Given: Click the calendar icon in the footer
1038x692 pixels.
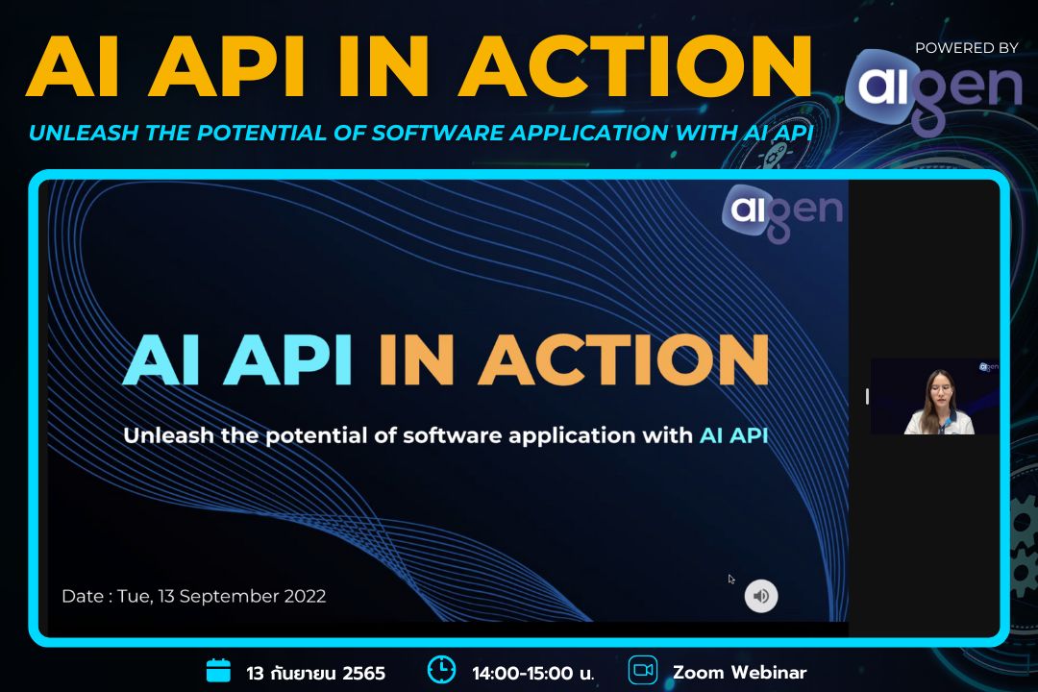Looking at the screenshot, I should pos(219,671).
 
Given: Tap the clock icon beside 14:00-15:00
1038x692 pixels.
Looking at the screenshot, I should pos(441,670).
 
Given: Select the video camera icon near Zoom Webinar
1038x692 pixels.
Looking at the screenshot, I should pos(642,670).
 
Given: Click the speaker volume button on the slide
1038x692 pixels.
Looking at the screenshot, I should pos(761,596).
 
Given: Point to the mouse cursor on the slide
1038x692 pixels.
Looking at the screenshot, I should pos(731,580).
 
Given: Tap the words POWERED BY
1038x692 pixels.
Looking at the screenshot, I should pos(966,47).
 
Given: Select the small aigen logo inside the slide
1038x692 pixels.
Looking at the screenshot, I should pos(781,210).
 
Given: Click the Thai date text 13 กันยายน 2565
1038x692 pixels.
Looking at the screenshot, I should pos(315,673).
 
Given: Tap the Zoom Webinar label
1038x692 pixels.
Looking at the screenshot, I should pos(739,672).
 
